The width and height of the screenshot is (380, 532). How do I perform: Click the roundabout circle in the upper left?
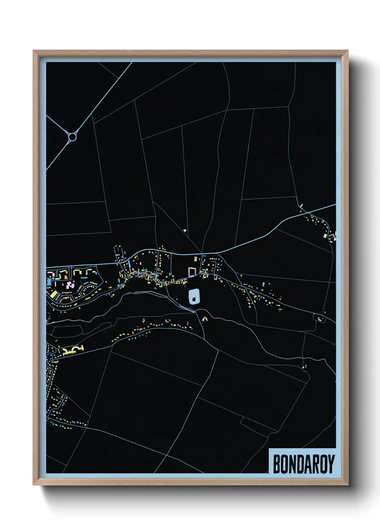pos(72,137)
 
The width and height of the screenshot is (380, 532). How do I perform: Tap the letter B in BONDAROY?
pos(277,464)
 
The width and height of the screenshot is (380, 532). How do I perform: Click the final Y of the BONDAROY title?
pos(331,464)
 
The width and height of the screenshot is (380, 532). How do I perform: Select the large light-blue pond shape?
pos(194,297)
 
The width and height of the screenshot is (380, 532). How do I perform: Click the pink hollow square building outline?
pos(192,272)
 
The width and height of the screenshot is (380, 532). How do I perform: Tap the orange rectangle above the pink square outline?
pos(196,258)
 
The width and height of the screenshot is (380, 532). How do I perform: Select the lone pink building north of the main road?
pos(185,230)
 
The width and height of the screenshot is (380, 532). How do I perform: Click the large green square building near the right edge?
pos(325,236)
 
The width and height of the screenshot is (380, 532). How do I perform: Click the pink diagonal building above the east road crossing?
pos(301,206)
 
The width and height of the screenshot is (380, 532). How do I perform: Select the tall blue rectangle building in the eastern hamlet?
pos(263,284)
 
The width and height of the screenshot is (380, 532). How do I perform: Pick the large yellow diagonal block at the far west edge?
pos(54,294)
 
